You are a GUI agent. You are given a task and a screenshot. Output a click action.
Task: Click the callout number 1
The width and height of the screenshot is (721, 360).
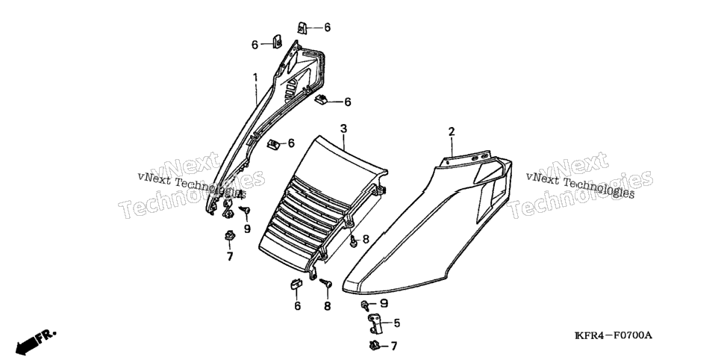click(x=255, y=78)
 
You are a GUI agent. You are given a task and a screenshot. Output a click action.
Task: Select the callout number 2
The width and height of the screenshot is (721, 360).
click(x=452, y=131)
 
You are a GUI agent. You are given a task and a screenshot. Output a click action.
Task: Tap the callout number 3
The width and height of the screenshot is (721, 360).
click(x=343, y=129)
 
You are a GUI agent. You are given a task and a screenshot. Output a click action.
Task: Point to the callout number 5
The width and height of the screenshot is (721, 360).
click(x=396, y=323)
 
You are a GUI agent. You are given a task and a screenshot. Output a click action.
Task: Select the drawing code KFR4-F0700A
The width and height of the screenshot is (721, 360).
click(x=614, y=335)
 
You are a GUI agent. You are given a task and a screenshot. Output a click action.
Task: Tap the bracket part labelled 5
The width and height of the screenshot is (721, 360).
click(x=375, y=323)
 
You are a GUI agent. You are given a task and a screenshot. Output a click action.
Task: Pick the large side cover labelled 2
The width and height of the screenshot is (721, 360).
click(x=428, y=226)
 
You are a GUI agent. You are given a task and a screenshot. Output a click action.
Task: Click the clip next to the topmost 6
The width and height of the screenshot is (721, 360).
click(x=302, y=28)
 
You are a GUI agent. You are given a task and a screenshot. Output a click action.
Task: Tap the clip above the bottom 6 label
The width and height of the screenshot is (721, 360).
click(x=296, y=285)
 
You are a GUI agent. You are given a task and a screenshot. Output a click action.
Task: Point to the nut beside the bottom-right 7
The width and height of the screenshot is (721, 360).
click(x=373, y=344)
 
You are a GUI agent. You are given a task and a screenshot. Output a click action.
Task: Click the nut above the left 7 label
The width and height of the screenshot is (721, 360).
click(x=229, y=236)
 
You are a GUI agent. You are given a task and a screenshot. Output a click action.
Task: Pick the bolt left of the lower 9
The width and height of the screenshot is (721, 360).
click(x=365, y=304)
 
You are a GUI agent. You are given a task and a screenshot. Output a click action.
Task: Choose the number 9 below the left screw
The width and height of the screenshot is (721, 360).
click(x=247, y=229)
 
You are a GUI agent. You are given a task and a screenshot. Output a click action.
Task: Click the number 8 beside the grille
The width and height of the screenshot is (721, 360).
click(x=366, y=239)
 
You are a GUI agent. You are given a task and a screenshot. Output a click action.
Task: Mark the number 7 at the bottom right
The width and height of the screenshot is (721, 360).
click(x=393, y=346)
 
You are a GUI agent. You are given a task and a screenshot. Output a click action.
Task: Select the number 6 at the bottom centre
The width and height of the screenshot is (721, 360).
click(x=298, y=306)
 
